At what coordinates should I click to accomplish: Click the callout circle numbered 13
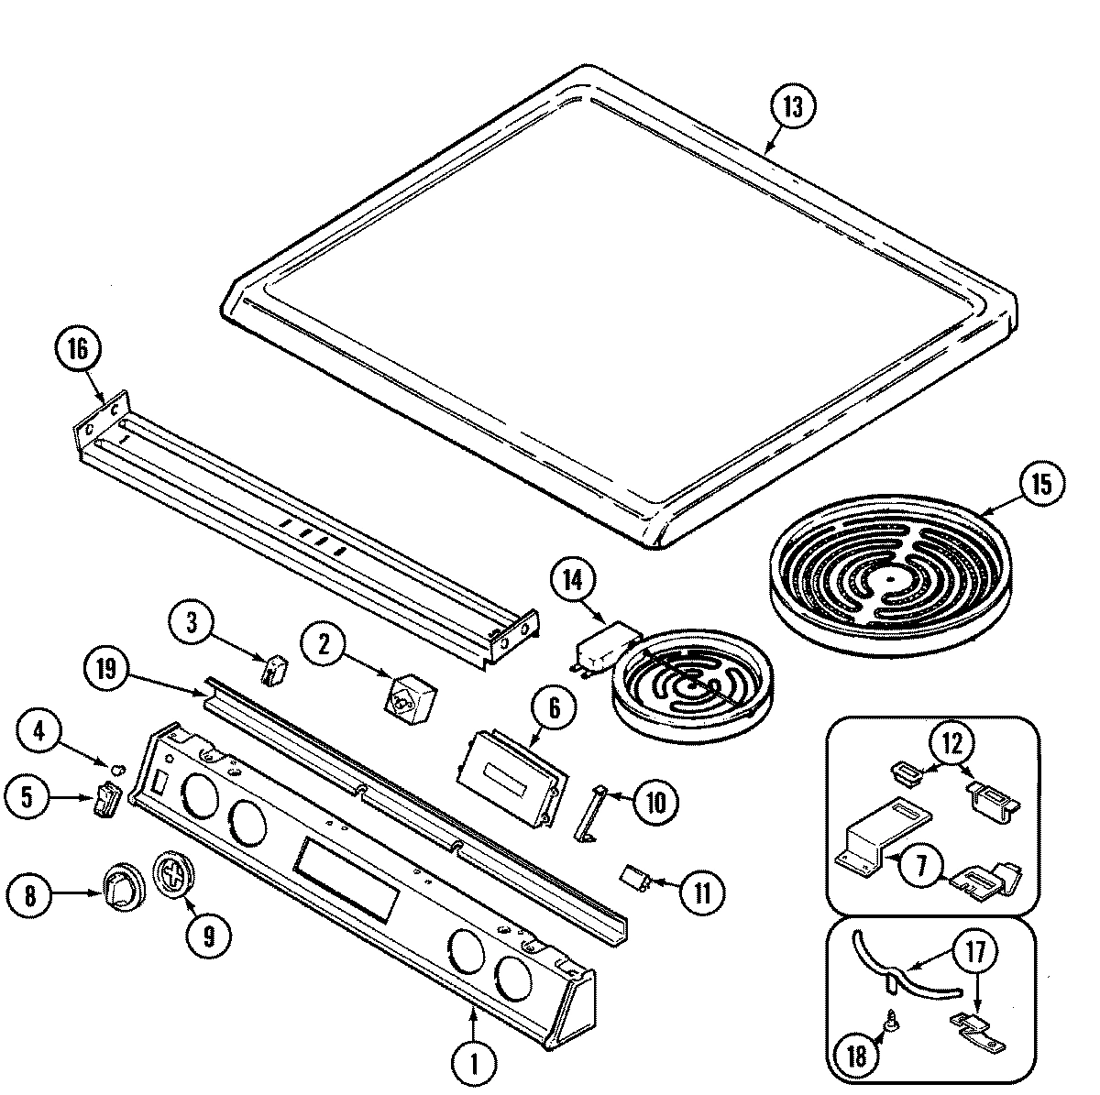(792, 107)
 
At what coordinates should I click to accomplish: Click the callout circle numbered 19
(108, 670)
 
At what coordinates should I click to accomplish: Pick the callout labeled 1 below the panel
(475, 1064)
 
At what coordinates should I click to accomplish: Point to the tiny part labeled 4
(117, 765)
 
